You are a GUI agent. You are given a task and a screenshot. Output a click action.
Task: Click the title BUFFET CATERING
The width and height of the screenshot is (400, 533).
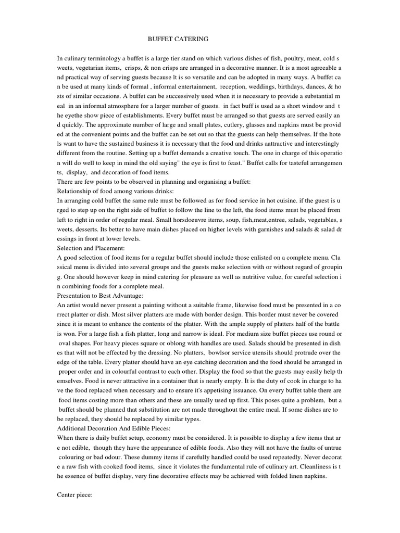coord(171,39)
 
